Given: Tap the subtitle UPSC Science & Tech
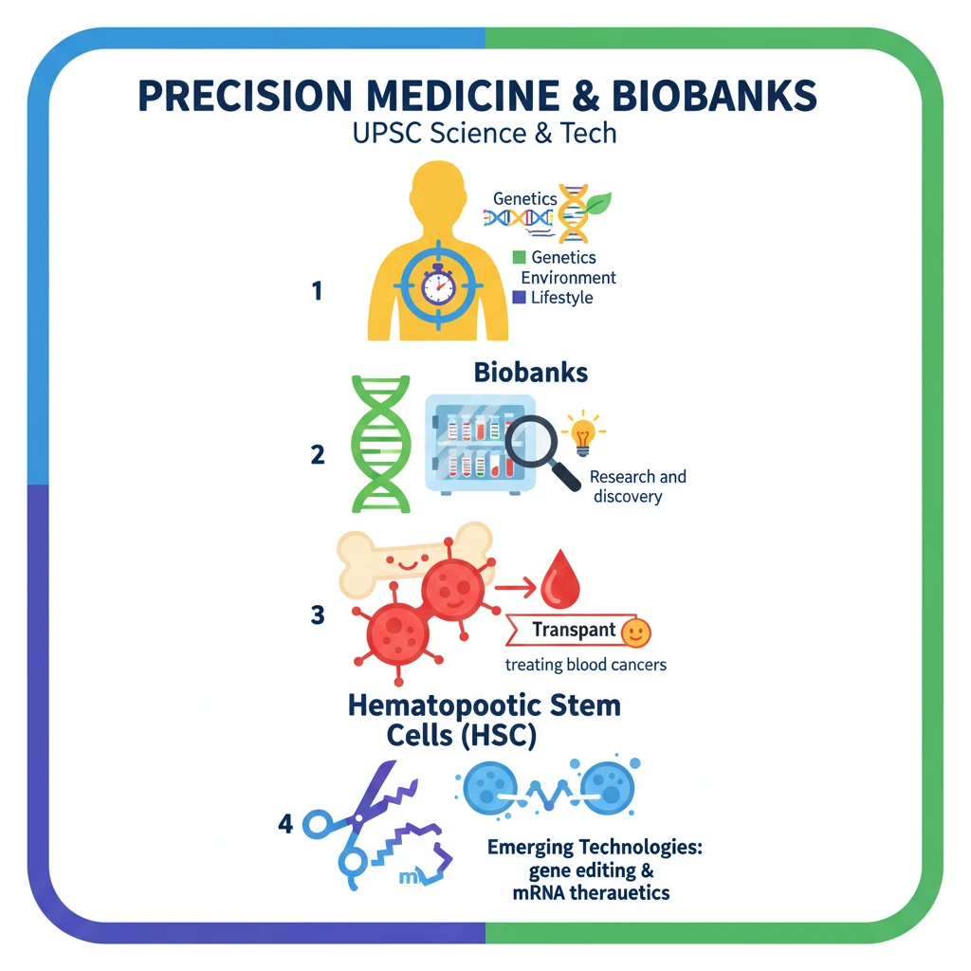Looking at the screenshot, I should (485, 132).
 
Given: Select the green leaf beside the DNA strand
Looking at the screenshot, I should (597, 204).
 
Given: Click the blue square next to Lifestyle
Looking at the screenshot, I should (518, 298).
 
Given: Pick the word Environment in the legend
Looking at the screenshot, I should (569, 277).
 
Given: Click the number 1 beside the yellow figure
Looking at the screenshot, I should (317, 291).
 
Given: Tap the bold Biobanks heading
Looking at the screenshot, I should (531, 372).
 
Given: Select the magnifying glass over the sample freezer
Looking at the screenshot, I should (540, 449).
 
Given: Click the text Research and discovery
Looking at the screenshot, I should (637, 486).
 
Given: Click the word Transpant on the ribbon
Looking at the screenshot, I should (575, 630).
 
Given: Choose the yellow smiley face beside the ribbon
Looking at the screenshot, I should (634, 630).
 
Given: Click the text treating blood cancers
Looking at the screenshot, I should (585, 664).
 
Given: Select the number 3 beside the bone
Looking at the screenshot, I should (318, 614).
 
